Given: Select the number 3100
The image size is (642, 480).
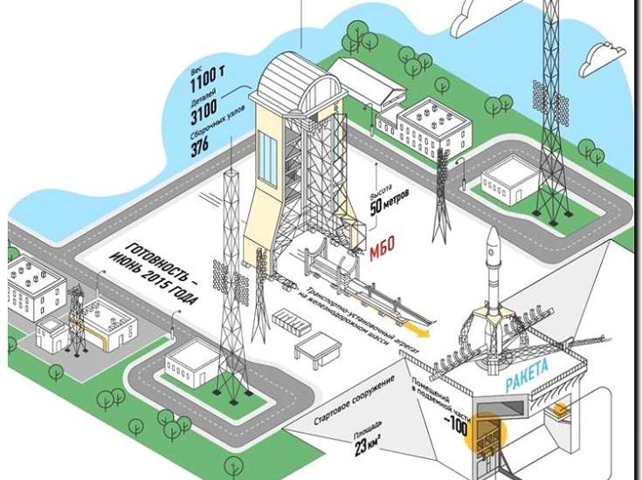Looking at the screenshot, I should (209, 117).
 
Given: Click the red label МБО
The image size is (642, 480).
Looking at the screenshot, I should (382, 242).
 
